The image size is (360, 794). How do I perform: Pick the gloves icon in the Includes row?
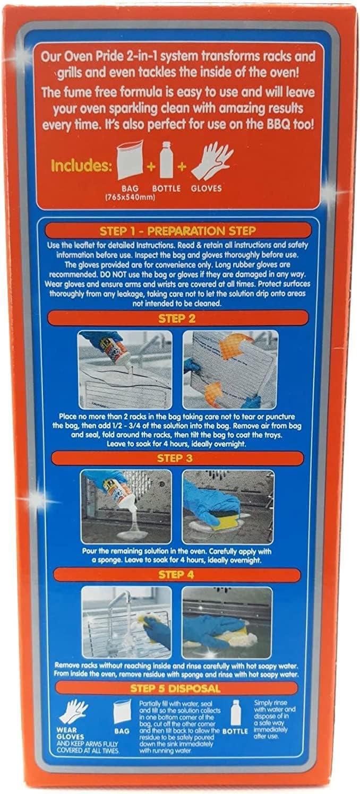[211, 161]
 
